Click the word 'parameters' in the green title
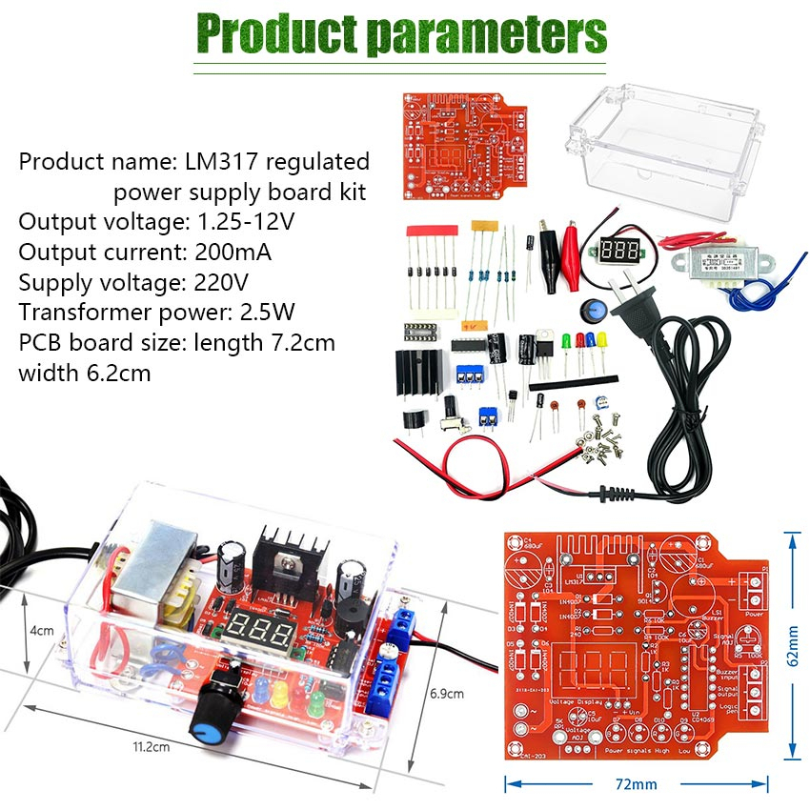(486, 33)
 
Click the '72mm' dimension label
(635, 784)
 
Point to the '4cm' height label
(40, 631)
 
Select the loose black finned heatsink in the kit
(419, 372)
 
